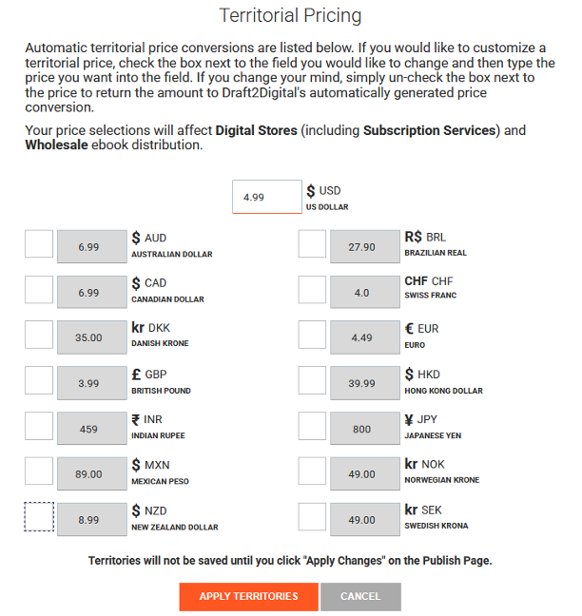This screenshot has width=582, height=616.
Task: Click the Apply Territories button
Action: tap(248, 596)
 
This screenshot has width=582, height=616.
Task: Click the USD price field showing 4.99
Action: tap(267, 198)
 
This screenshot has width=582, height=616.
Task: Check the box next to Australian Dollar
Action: tap(39, 244)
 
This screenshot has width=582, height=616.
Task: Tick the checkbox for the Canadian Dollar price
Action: tap(39, 290)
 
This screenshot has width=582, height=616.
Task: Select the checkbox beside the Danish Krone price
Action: tap(39, 335)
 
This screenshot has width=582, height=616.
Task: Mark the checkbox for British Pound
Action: tap(39, 380)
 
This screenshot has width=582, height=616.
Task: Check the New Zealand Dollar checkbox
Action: tap(39, 517)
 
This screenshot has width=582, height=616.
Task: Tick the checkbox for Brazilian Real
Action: tap(312, 244)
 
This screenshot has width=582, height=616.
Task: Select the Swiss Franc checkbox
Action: tap(312, 290)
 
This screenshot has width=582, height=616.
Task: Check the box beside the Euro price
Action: tap(312, 335)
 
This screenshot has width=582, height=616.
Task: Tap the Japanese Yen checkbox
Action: tap(312, 426)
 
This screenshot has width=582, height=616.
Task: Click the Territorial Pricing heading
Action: tap(290, 16)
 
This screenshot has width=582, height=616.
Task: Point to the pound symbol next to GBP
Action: tap(136, 375)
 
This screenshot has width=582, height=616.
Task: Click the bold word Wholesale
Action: tap(59, 145)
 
